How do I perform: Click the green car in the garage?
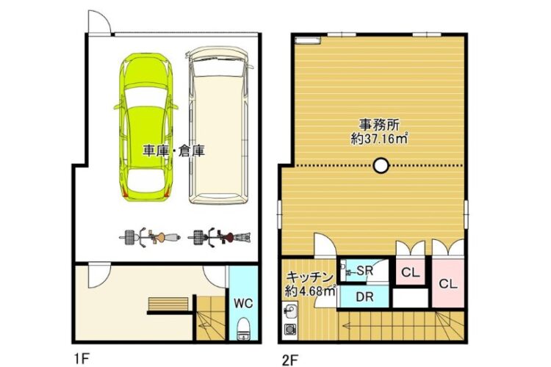[146, 128]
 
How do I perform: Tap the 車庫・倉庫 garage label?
[173, 150]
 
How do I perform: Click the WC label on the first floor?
[243, 303]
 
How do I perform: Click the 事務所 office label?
[378, 125]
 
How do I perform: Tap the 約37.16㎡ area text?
[380, 139]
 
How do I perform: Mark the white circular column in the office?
[381, 165]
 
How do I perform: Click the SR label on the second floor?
[365, 271]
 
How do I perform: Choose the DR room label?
[364, 297]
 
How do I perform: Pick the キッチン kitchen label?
[309, 277]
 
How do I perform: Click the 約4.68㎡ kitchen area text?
[310, 291]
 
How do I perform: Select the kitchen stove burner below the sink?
[290, 330]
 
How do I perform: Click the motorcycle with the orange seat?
[151, 238]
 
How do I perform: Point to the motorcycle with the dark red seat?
[219, 238]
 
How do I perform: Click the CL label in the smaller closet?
[411, 272]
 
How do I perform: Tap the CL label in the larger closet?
[448, 284]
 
